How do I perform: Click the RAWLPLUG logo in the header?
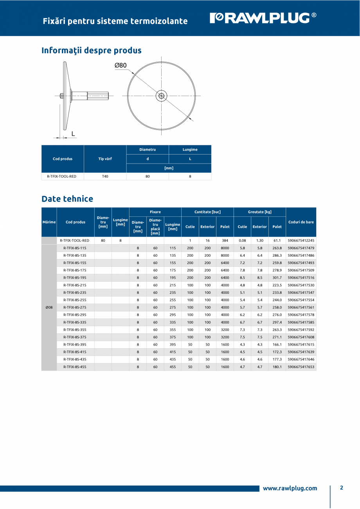pos(263,18)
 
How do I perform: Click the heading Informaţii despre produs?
pos(92,50)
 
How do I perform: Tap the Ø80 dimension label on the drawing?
pos(121,65)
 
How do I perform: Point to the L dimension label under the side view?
pos(73,134)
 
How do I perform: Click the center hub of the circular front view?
pos(161,95)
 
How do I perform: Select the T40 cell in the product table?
pos(105,176)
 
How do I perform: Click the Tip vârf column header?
pos(105,159)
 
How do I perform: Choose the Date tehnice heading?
pos(67,199)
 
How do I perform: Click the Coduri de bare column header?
pos(301,222)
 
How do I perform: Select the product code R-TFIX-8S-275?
pos(75,308)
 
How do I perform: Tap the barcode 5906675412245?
pos(301,241)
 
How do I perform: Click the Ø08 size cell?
pos(49,308)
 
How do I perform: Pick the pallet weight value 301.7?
pos(277,278)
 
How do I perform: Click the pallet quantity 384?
pos(225,241)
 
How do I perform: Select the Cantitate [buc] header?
pos(207,212)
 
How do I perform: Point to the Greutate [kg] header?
pos(259,212)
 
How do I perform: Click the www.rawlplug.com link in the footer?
pos(290,488)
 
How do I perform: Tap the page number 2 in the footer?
pos(341,488)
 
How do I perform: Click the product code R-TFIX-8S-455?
pos(75,367)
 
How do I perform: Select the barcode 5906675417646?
pos(301,360)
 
